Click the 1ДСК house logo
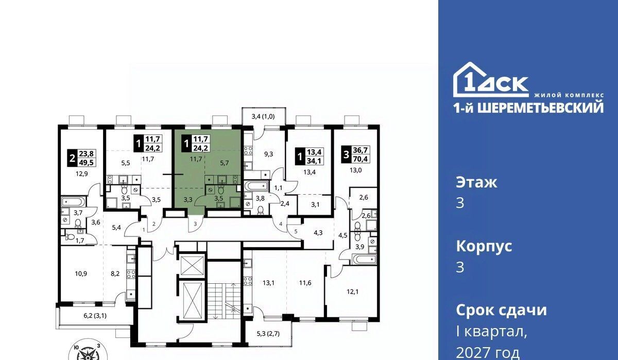click(x=491, y=80)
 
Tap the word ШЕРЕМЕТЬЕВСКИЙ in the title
click(x=540, y=108)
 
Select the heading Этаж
click(x=476, y=182)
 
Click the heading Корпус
click(x=484, y=247)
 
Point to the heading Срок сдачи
click(x=501, y=310)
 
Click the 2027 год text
click(x=488, y=353)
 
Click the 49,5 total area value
click(x=87, y=162)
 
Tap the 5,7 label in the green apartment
click(x=225, y=163)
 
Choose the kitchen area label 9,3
click(x=268, y=154)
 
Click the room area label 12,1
click(x=353, y=292)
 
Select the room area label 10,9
click(x=81, y=273)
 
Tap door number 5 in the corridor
click(x=296, y=231)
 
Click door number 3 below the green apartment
click(x=195, y=224)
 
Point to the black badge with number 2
click(x=73, y=158)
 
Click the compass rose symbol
click(x=88, y=350)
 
